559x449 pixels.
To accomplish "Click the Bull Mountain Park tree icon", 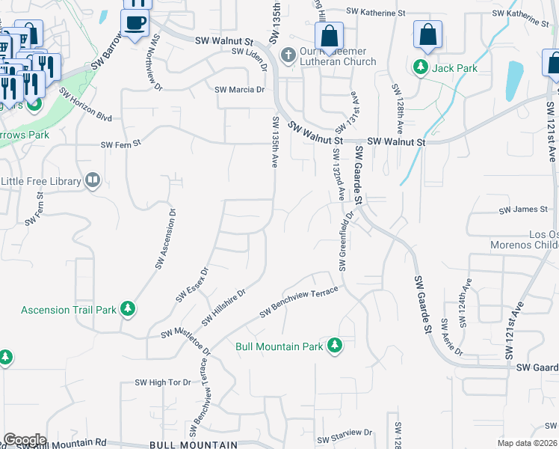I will tap(336, 345).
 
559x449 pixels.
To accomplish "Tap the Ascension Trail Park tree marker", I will tap(128, 308).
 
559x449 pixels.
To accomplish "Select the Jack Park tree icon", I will tap(421, 68).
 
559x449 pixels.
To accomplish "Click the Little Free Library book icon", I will tap(93, 180).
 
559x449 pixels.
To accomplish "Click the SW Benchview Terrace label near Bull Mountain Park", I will tap(299, 302).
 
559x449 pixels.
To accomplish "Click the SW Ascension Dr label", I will tap(166, 239).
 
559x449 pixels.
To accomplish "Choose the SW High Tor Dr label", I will tap(163, 382).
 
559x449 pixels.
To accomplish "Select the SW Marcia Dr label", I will tap(240, 90).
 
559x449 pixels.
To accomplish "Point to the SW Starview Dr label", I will tap(344, 433).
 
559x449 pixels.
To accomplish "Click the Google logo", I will tap(24, 440).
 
